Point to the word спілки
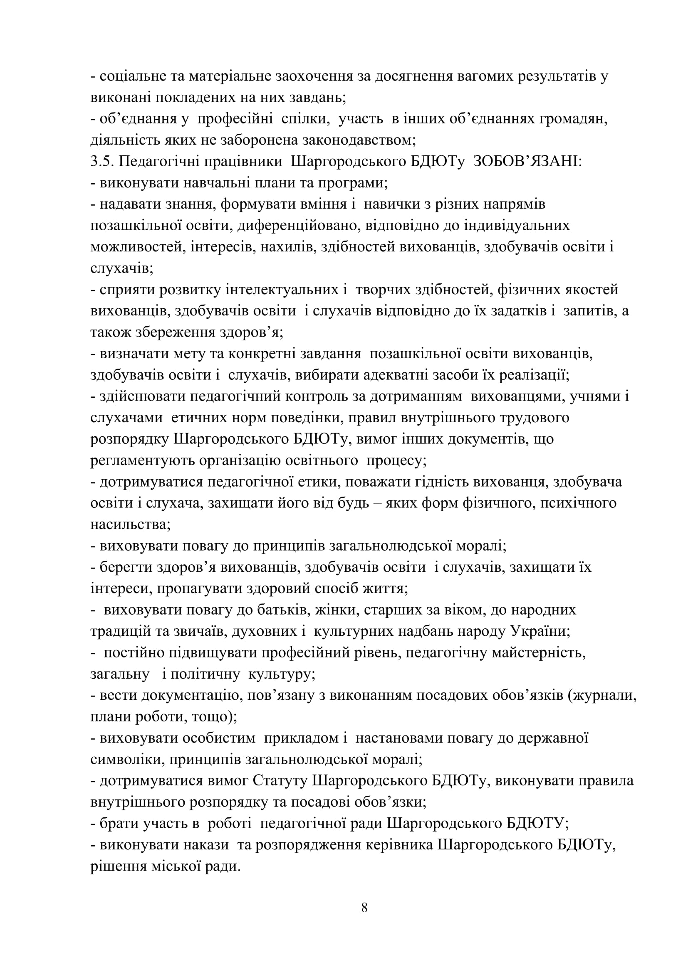tap(305, 119)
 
